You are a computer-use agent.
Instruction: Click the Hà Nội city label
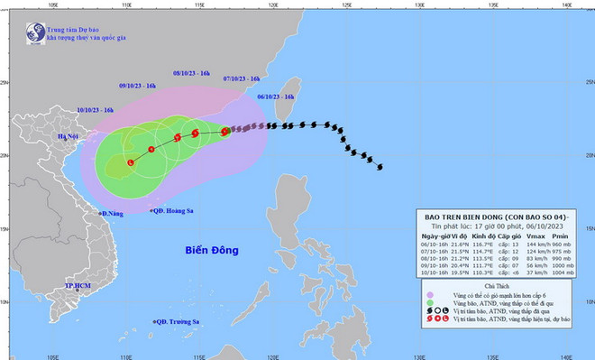[69, 136]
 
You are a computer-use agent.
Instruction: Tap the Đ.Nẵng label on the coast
[114, 213]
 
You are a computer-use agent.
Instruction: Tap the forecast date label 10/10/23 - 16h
[95, 109]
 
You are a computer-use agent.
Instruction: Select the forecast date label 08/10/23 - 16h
[191, 72]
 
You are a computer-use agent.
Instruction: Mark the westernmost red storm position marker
[131, 162]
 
